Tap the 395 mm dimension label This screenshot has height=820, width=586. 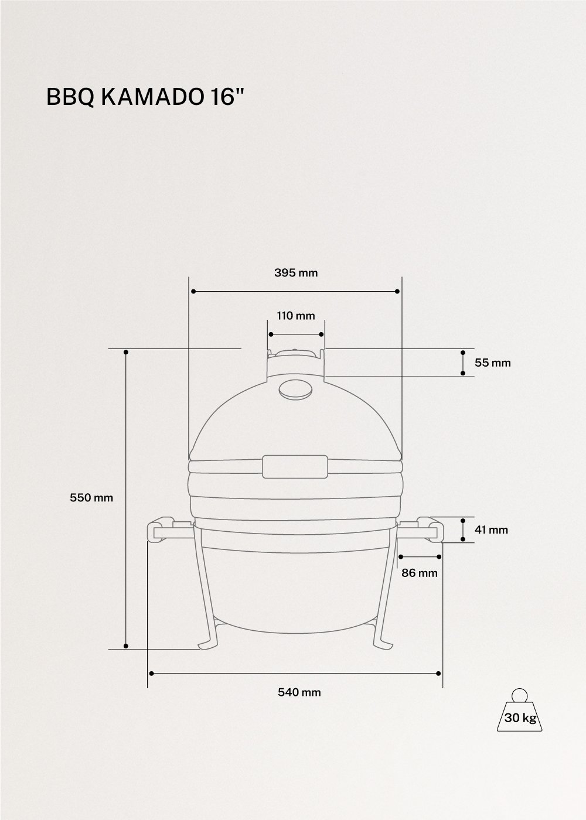tap(296, 273)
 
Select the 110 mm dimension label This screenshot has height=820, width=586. tap(296, 316)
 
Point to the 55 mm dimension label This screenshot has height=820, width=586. tap(492, 363)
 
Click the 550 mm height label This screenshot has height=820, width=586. tap(91, 498)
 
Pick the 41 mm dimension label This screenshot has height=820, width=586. tap(491, 530)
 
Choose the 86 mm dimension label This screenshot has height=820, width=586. tap(420, 573)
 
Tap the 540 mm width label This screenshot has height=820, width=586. tap(299, 692)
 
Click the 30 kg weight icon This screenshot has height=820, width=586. tap(520, 712)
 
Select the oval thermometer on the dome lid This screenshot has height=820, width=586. tap(296, 389)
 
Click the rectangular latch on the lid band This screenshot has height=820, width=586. tap(295, 467)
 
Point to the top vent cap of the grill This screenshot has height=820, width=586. tap(296, 353)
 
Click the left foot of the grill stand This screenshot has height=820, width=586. tap(208, 644)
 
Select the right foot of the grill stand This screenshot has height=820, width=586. tap(384, 644)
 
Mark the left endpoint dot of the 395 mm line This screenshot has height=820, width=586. tap(193, 291)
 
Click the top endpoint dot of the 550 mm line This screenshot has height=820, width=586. tap(126, 352)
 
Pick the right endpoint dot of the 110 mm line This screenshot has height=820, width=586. tap(322, 334)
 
